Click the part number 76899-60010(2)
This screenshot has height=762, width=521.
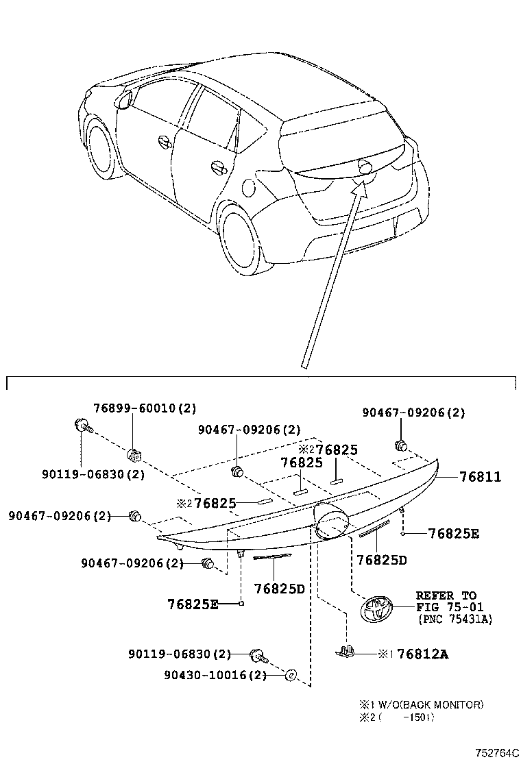point(145,408)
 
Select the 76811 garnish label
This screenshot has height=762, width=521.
point(481,477)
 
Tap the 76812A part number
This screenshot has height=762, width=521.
point(422,654)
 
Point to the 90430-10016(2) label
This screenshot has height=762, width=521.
point(215,675)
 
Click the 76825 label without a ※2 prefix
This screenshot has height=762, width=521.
point(302,463)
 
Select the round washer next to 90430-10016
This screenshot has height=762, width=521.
point(290,676)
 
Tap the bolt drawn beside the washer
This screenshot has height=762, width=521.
point(259,655)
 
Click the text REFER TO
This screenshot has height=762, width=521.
point(446,595)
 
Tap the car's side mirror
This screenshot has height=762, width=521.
point(124,99)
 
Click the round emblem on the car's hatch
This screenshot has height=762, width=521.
point(365,167)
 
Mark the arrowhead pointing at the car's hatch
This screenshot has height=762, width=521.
point(360,186)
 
